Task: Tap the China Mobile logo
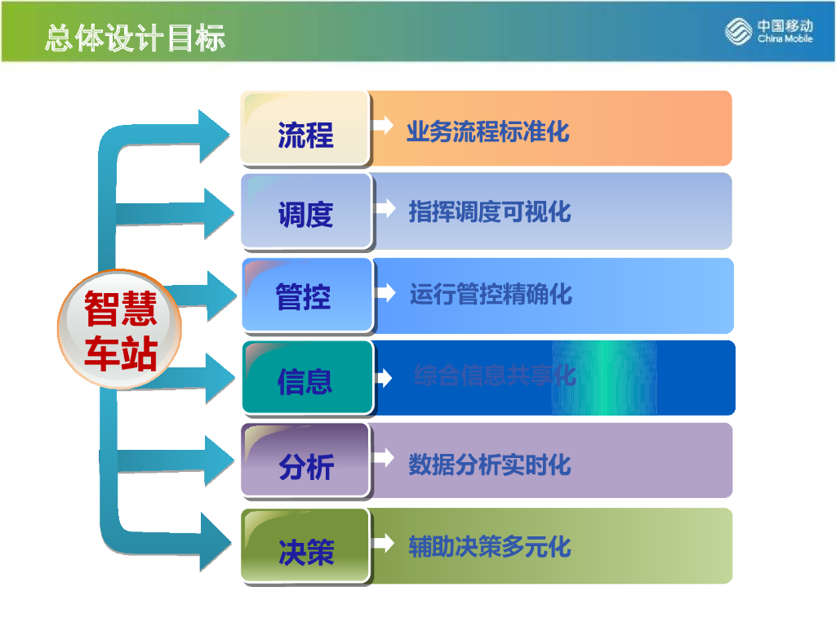769,32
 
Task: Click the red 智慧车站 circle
120,330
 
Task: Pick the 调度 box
305,212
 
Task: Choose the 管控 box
305,296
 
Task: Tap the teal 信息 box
305,379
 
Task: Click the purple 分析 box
305,464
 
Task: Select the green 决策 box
305,548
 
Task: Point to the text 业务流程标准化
487,131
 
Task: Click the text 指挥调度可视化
489,212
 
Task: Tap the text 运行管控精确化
491,294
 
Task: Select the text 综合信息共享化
495,376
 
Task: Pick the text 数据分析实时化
489,465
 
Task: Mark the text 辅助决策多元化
489,546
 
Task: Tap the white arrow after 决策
382,543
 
